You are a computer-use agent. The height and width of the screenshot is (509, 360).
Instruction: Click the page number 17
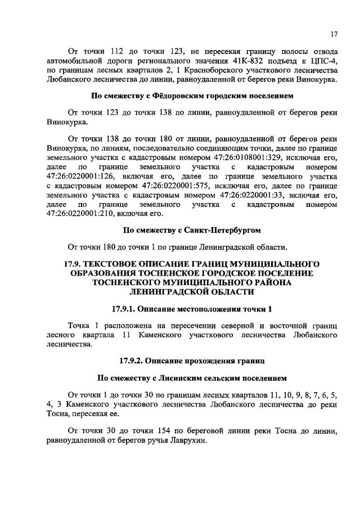click(x=334, y=34)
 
